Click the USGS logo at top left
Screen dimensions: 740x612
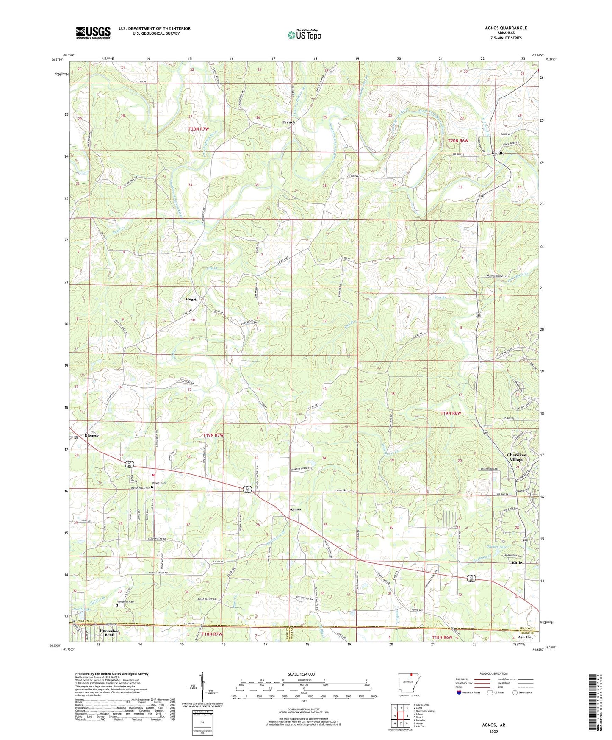click(x=93, y=33)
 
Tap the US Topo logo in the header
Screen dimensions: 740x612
click(x=304, y=35)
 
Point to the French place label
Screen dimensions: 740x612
click(x=289, y=122)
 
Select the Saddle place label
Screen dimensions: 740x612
click(x=498, y=153)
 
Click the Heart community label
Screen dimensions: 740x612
click(x=191, y=299)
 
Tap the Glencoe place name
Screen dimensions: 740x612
click(x=92, y=436)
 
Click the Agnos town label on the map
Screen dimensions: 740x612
click(x=295, y=509)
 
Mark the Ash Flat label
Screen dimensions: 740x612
click(x=525, y=637)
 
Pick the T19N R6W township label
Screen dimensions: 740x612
click(x=450, y=413)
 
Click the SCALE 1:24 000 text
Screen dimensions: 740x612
click(x=301, y=674)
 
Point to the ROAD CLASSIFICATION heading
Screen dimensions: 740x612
click(x=494, y=673)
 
